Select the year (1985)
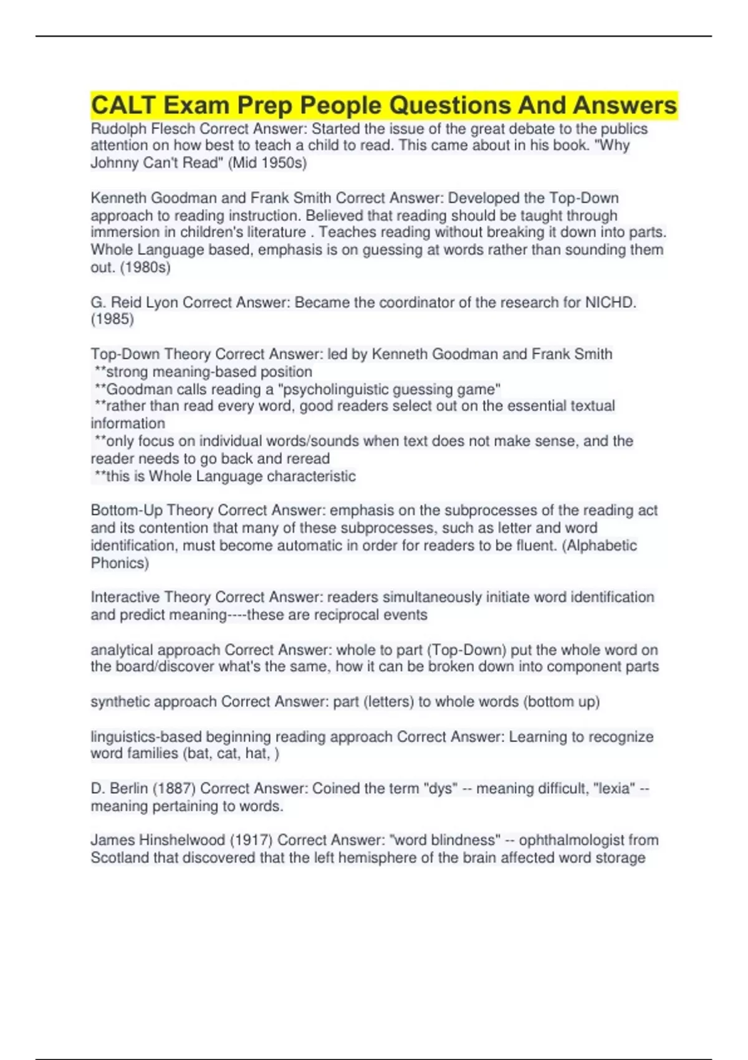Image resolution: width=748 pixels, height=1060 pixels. (x=112, y=319)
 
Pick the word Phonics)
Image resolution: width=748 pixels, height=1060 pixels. (x=120, y=563)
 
